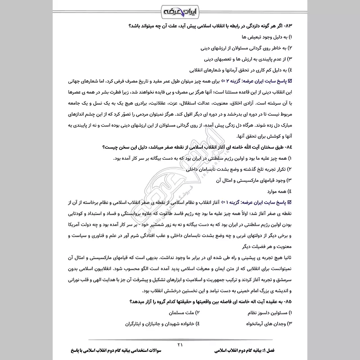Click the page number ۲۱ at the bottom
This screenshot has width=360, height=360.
[180, 345]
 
